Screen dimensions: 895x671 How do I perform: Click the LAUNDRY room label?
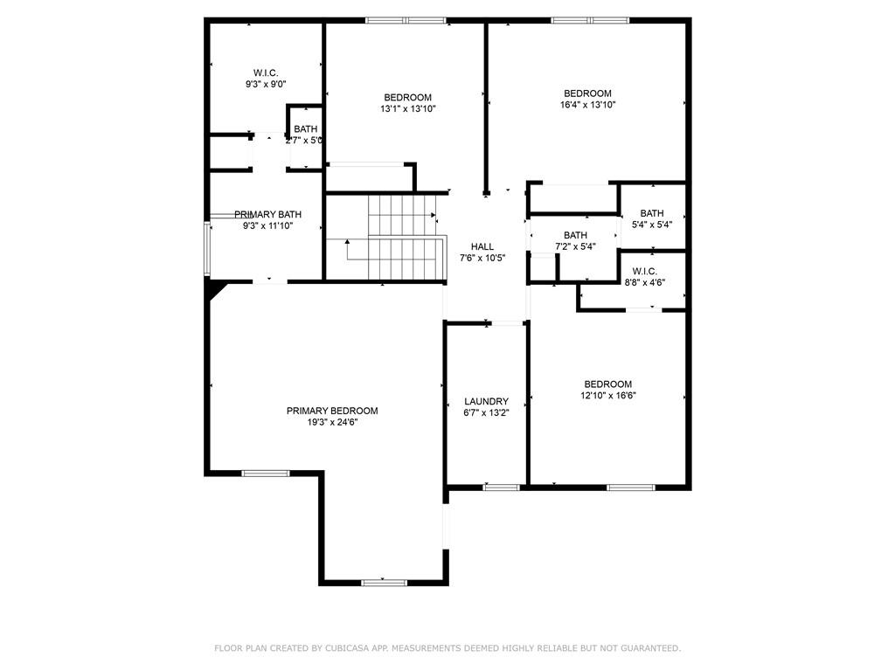(x=486, y=401)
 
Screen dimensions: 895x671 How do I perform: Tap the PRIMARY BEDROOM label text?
(x=332, y=411)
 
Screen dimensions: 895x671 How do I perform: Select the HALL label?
(x=482, y=246)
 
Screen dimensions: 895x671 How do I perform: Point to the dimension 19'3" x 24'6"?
(x=332, y=422)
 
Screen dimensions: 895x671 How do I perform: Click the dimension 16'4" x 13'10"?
(x=588, y=105)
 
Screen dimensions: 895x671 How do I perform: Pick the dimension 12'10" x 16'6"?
(x=608, y=396)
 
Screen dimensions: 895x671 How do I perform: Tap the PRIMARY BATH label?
(x=267, y=215)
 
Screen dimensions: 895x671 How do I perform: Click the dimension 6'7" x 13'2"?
(x=486, y=412)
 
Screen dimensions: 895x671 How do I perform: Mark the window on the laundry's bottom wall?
(x=501, y=488)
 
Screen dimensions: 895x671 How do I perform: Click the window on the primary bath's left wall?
(x=207, y=249)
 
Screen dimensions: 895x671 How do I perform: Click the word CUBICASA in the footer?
(x=346, y=648)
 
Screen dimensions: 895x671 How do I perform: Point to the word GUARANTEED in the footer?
(x=649, y=648)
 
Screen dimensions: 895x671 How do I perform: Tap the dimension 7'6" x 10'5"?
(x=482, y=258)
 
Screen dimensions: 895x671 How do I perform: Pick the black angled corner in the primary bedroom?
(x=216, y=288)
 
